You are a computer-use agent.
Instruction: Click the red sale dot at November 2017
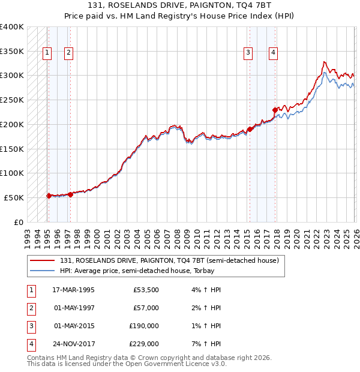click(x=275, y=110)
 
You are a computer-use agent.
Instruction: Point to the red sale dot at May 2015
click(x=249, y=129)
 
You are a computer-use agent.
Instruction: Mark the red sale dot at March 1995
click(x=49, y=196)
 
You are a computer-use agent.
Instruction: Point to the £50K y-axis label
click(x=13, y=197)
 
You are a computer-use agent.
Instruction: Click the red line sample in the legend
click(x=43, y=261)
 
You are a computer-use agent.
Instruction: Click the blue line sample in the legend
click(x=43, y=271)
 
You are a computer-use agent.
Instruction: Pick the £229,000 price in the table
click(x=144, y=344)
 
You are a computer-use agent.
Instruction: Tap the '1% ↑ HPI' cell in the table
click(x=206, y=326)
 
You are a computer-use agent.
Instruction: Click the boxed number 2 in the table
click(x=30, y=308)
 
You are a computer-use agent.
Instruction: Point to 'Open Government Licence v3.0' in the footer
click(x=175, y=364)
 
